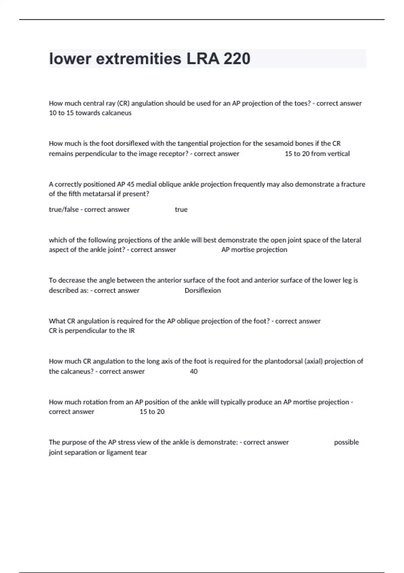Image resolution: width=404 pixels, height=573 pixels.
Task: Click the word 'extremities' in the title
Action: [139, 59]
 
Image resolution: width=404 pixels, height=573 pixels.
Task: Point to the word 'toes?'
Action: [301, 103]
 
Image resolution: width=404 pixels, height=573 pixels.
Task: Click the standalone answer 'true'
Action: [181, 210]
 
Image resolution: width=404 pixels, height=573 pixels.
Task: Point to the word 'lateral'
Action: [350, 240]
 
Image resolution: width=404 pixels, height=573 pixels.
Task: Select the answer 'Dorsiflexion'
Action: [203, 291]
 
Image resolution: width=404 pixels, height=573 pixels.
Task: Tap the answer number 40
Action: [194, 371]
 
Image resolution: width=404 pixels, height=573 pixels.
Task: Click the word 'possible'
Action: [346, 442]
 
